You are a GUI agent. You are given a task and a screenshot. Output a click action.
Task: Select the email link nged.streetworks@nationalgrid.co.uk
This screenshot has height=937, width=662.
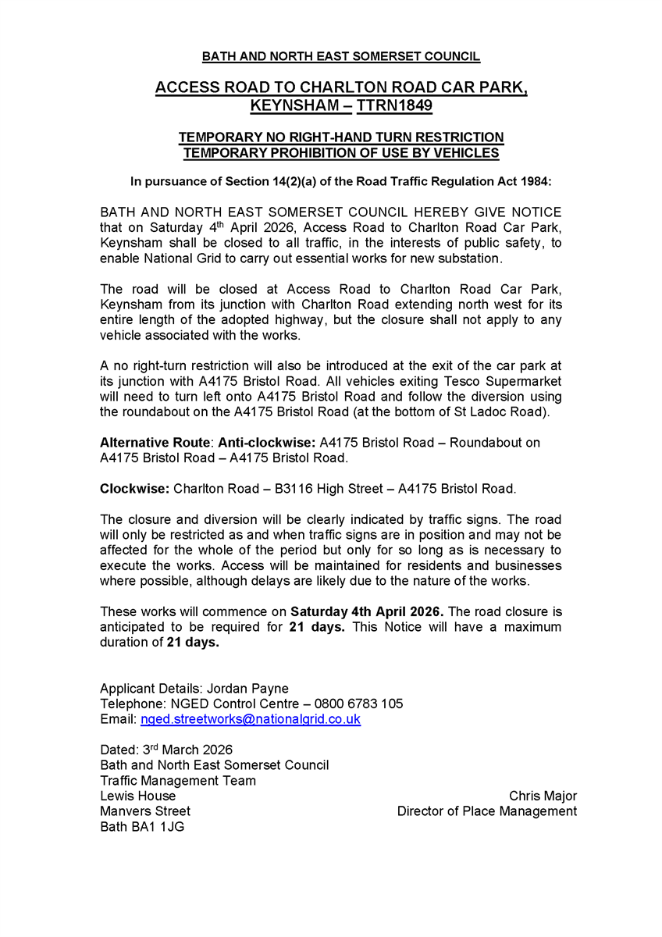(x=250, y=719)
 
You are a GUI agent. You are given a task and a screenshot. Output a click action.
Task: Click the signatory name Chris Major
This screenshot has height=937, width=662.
(x=543, y=796)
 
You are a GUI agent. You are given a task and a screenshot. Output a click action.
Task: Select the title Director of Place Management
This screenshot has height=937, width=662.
(x=487, y=811)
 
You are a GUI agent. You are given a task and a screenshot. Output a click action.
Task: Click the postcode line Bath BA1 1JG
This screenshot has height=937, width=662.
(x=142, y=827)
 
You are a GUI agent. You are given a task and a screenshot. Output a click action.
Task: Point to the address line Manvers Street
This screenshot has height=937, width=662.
(x=145, y=811)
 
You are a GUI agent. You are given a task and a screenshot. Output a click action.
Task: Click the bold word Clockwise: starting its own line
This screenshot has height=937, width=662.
(x=135, y=490)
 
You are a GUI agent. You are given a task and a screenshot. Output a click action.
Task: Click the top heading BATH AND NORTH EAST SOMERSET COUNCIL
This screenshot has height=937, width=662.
(x=341, y=57)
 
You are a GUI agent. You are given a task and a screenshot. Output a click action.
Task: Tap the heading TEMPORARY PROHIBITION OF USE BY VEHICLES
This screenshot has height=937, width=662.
(x=341, y=153)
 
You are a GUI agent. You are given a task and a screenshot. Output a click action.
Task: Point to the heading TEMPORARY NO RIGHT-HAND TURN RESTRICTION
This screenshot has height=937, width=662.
(x=341, y=138)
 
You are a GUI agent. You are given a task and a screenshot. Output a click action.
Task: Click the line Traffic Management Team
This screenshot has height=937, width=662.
(x=178, y=781)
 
